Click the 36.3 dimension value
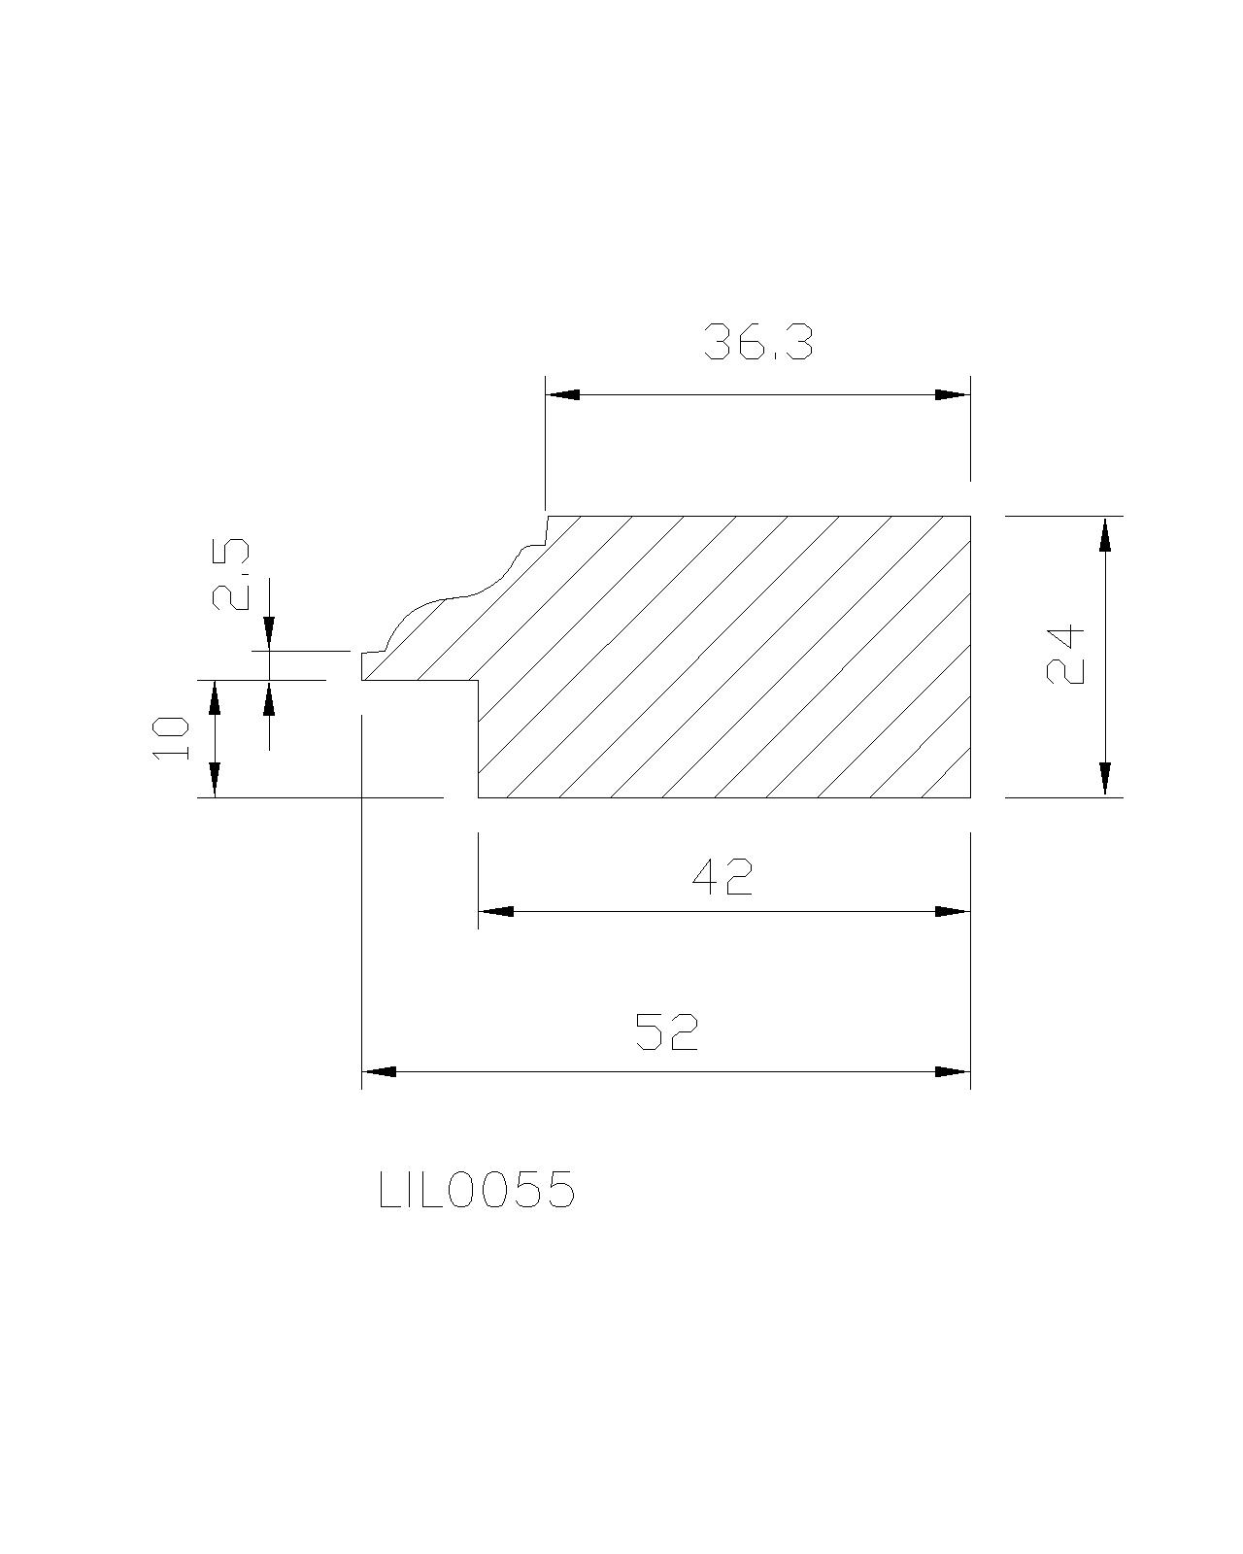click(x=757, y=342)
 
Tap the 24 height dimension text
click(x=1064, y=655)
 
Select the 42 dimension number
click(x=722, y=877)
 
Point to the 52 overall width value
click(x=666, y=1031)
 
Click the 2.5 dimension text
click(x=230, y=575)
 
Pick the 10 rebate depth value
click(x=172, y=738)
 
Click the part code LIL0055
click(x=477, y=1190)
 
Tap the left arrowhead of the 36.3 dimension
click(x=562, y=395)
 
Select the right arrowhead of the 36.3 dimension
click(x=953, y=395)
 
